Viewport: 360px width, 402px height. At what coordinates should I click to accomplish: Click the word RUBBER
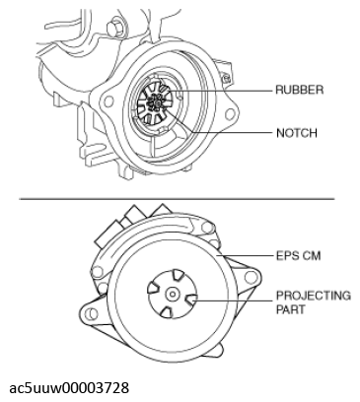[299, 90]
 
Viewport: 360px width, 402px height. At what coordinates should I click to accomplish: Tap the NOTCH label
[297, 133]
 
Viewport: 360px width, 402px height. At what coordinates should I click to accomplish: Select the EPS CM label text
[298, 255]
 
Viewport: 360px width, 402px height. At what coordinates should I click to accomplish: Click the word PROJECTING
[314, 296]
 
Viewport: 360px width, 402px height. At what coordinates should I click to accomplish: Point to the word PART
[291, 309]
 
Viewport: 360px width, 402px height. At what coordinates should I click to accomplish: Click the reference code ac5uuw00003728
[69, 388]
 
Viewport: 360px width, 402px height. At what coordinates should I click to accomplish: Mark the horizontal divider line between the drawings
[177, 199]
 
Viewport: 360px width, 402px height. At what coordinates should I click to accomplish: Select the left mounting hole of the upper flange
[108, 100]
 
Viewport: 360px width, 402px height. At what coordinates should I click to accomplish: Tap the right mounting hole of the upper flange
[230, 114]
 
